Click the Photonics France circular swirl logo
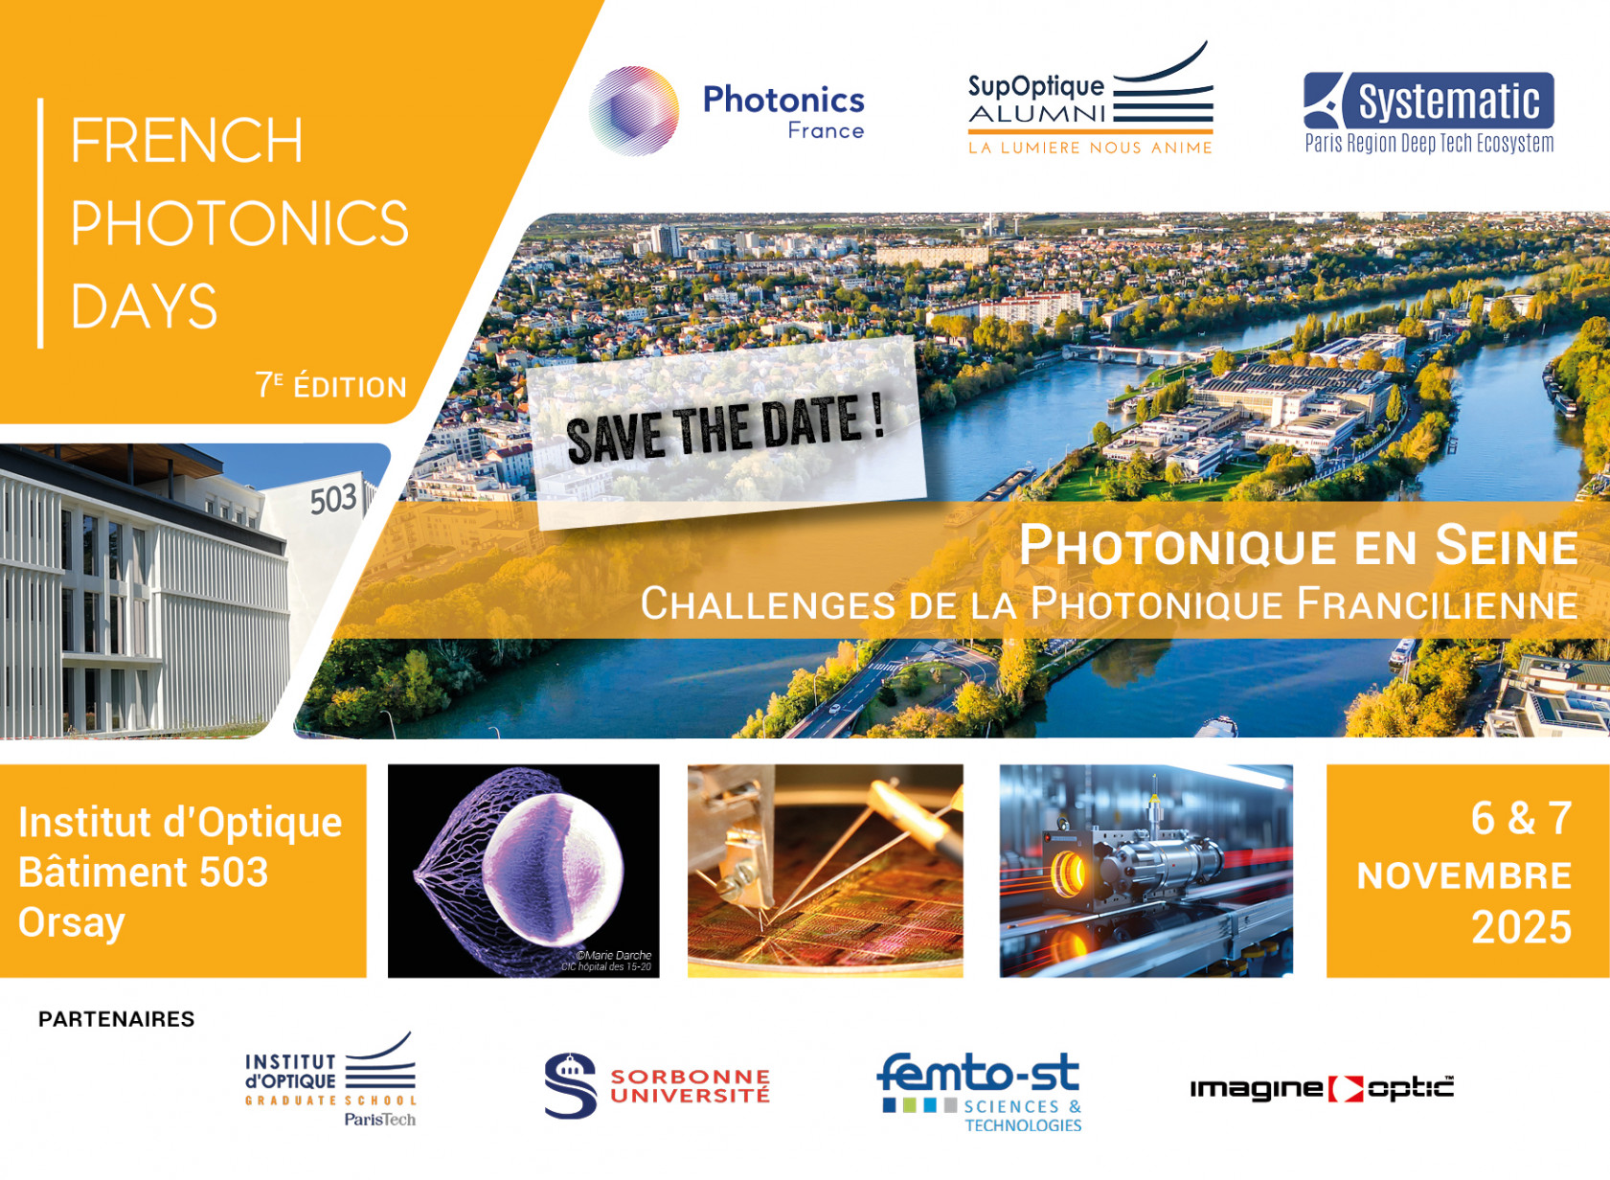tap(633, 111)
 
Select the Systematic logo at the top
tap(1429, 113)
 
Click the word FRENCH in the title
tap(187, 140)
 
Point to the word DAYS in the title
tap(144, 306)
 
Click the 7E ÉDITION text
tap(331, 386)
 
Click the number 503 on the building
tap(332, 499)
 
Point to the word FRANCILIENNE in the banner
tap(1438, 603)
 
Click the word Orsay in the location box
tap(72, 923)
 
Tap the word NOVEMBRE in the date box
tap(1464, 875)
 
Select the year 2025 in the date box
tap(1522, 927)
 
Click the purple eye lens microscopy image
tap(523, 871)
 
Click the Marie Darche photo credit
tap(606, 961)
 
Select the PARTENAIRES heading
tap(117, 1019)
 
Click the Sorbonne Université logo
tap(657, 1086)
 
